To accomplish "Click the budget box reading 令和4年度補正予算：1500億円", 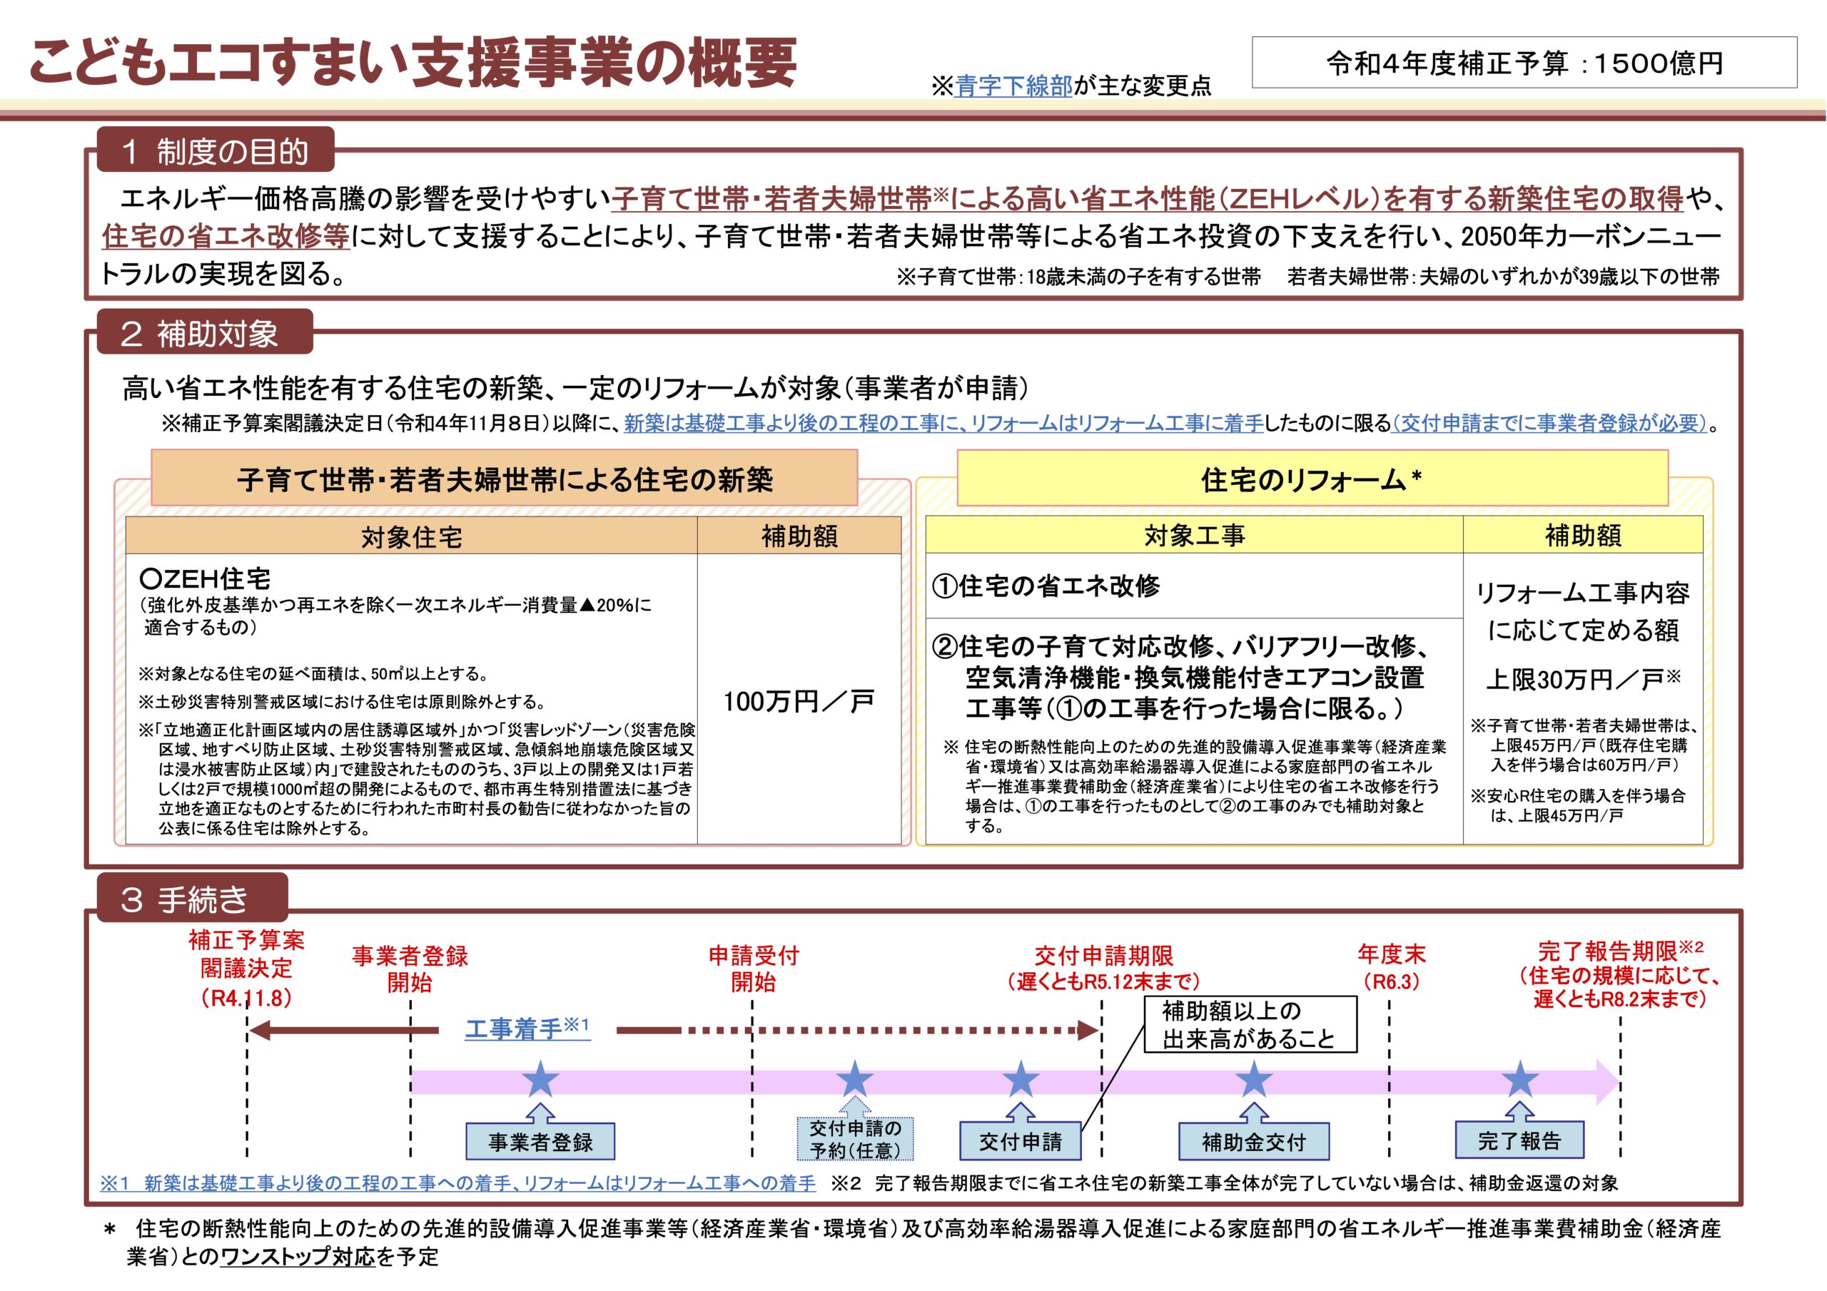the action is click(x=1524, y=62).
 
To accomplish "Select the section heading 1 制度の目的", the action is click(x=215, y=150).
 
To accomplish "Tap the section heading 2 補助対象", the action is click(x=205, y=332).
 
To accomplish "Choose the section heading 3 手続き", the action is click(x=192, y=899).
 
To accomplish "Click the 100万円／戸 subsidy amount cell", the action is click(x=799, y=700).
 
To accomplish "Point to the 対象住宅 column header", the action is click(x=411, y=536).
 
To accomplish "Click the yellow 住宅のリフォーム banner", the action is click(x=1312, y=479).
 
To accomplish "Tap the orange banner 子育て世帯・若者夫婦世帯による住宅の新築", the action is click(x=505, y=479).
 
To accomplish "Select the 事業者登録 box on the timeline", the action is click(x=540, y=1142).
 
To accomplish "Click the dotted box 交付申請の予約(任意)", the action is click(x=856, y=1139).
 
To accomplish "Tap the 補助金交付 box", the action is click(x=1253, y=1142).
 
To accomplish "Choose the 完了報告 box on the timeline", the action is click(x=1519, y=1141).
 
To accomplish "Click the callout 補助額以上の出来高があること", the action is click(x=1250, y=1024).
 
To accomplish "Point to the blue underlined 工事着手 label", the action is click(x=527, y=1029).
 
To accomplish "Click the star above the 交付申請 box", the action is click(x=1020, y=1079).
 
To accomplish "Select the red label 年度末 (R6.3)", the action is click(x=1391, y=966).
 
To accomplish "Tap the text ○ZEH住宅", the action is click(x=205, y=578).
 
